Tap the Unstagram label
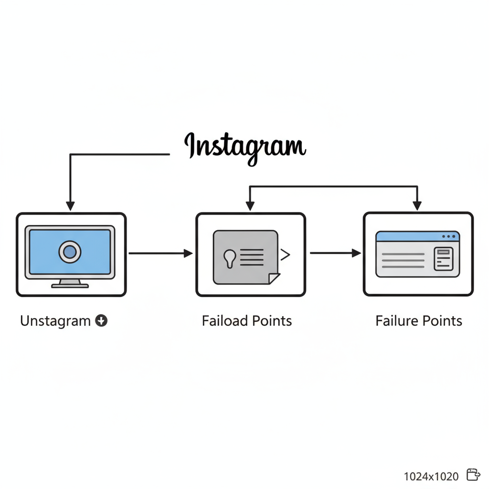[55, 321]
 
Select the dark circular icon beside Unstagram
[101, 321]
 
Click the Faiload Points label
[247, 320]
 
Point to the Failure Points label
[419, 320]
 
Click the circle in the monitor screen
[70, 252]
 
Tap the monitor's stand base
[70, 286]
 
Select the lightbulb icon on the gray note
[230, 257]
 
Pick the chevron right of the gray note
[285, 255]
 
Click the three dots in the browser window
[448, 236]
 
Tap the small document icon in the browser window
[443, 258]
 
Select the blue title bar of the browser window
[411, 236]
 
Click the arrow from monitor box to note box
[160, 254]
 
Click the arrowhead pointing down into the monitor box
[70, 206]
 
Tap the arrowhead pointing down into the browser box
[417, 205]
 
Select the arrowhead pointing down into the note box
[249, 206]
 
